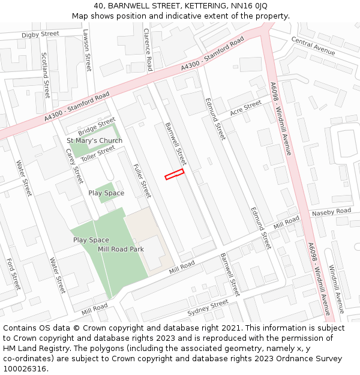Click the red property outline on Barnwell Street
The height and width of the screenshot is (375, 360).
[x=174, y=174]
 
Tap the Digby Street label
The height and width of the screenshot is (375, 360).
[x=40, y=34]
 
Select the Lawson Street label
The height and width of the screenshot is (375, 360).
[x=87, y=50]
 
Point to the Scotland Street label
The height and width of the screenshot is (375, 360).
[x=46, y=75]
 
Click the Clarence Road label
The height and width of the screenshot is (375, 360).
[x=148, y=47]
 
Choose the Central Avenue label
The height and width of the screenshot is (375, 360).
[x=313, y=46]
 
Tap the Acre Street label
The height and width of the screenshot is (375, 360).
[x=246, y=108]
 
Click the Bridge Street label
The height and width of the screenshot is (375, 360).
[x=96, y=127]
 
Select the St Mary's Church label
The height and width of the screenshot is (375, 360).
[x=94, y=141]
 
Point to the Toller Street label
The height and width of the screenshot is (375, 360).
[x=98, y=154]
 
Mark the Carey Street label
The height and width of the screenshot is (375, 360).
[x=74, y=166]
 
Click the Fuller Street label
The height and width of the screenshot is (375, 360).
[x=142, y=181]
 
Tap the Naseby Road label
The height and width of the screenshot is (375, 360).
[x=331, y=212]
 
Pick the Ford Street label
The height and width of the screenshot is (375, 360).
[x=13, y=273]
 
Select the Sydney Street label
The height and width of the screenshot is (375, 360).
[x=208, y=308]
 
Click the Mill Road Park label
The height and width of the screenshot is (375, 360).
[x=121, y=249]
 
